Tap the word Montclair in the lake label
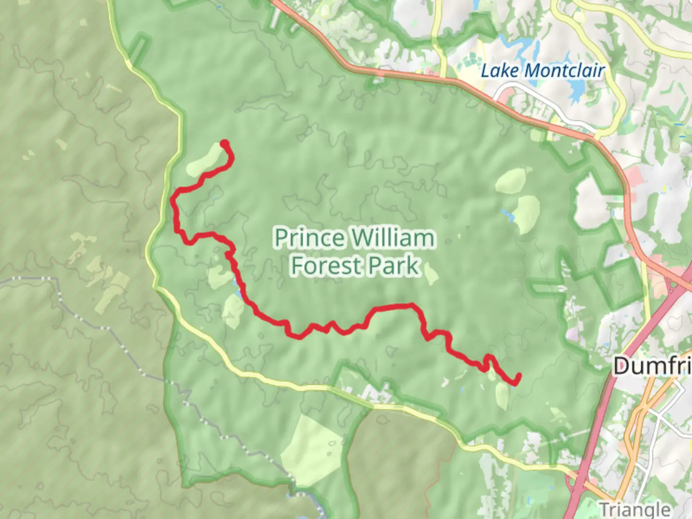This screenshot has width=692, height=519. click(564, 71)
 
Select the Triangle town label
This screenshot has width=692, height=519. click(635, 509)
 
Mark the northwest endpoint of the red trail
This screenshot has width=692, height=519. click(224, 143)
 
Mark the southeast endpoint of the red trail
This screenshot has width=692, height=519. click(518, 376)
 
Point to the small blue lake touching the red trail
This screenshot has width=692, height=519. click(237, 288)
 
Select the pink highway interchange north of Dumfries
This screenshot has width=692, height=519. click(678, 284)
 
